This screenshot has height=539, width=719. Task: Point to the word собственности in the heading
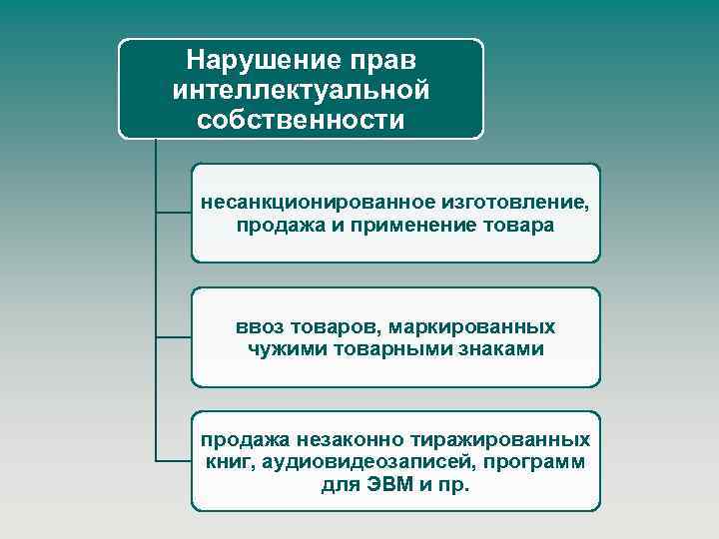point(301,121)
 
